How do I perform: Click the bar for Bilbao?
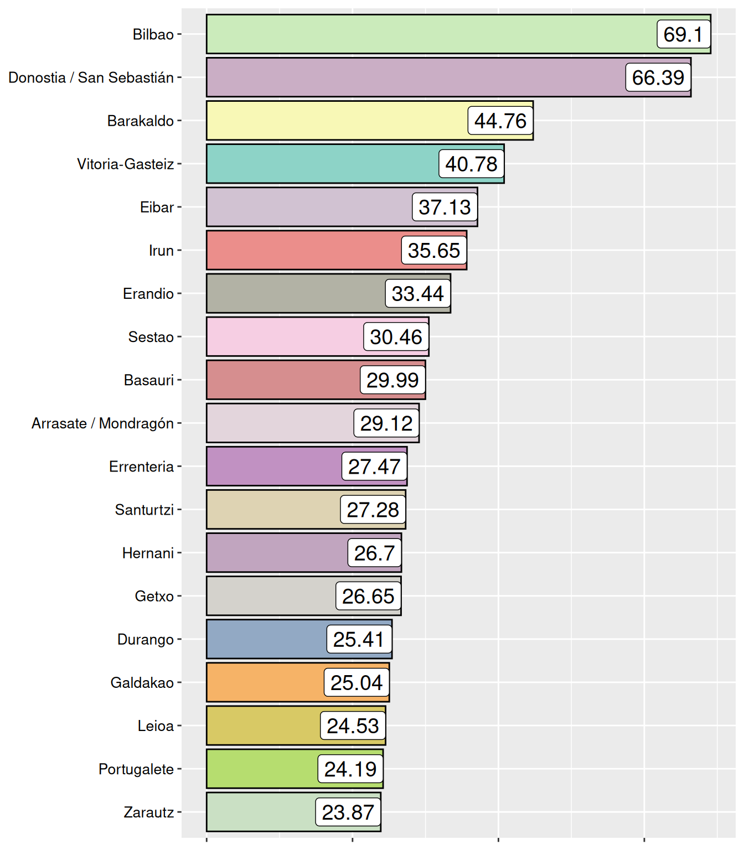[432, 34]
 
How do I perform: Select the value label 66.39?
[658, 77]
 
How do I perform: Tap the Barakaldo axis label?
[141, 121]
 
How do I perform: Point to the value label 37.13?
[445, 207]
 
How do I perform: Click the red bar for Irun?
[304, 250]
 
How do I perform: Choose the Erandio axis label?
[148, 293]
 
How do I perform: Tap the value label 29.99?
[392, 380]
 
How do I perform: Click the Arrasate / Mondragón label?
[103, 423]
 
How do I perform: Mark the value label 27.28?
[373, 510]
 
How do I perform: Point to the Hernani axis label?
[148, 553]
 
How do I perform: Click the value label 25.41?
[359, 639]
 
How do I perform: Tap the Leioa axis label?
[156, 725]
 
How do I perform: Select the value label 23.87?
[348, 812]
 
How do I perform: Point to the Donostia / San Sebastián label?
[91, 77]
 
